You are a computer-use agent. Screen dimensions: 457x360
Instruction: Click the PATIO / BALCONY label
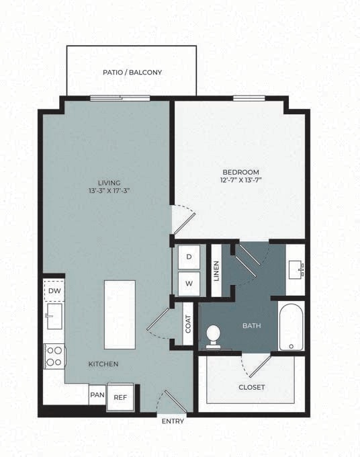point(132,72)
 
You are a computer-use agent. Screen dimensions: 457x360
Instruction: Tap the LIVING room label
point(109,182)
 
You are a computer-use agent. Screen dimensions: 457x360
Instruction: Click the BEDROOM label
point(240,172)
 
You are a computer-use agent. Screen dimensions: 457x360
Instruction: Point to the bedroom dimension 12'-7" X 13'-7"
point(240,181)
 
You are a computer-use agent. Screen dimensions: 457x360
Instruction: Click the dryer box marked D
point(189,257)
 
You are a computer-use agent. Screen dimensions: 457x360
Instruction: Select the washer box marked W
point(189,283)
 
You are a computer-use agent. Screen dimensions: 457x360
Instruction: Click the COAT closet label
point(188,325)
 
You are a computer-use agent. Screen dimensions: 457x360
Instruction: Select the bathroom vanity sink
point(297,270)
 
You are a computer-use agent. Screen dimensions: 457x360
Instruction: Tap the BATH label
point(251,327)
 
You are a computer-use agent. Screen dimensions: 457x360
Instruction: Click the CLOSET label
point(251,387)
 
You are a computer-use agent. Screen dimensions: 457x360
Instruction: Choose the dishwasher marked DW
point(54,290)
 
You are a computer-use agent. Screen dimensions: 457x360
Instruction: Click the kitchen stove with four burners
point(54,356)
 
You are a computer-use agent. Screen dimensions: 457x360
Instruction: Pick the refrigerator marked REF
point(120,397)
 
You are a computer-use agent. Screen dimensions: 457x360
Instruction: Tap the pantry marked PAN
point(97,394)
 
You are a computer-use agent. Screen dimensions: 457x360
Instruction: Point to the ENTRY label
point(174,421)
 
